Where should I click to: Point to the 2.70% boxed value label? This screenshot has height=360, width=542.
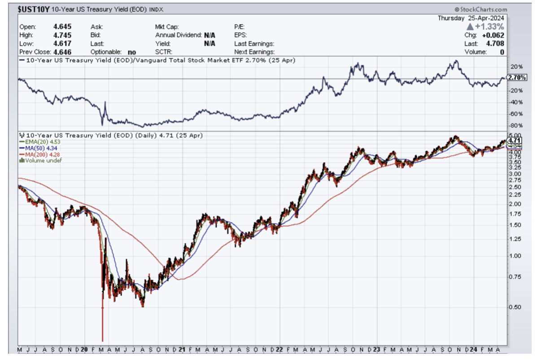[x=517, y=78]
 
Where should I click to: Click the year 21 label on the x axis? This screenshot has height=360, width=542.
[x=182, y=349]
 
